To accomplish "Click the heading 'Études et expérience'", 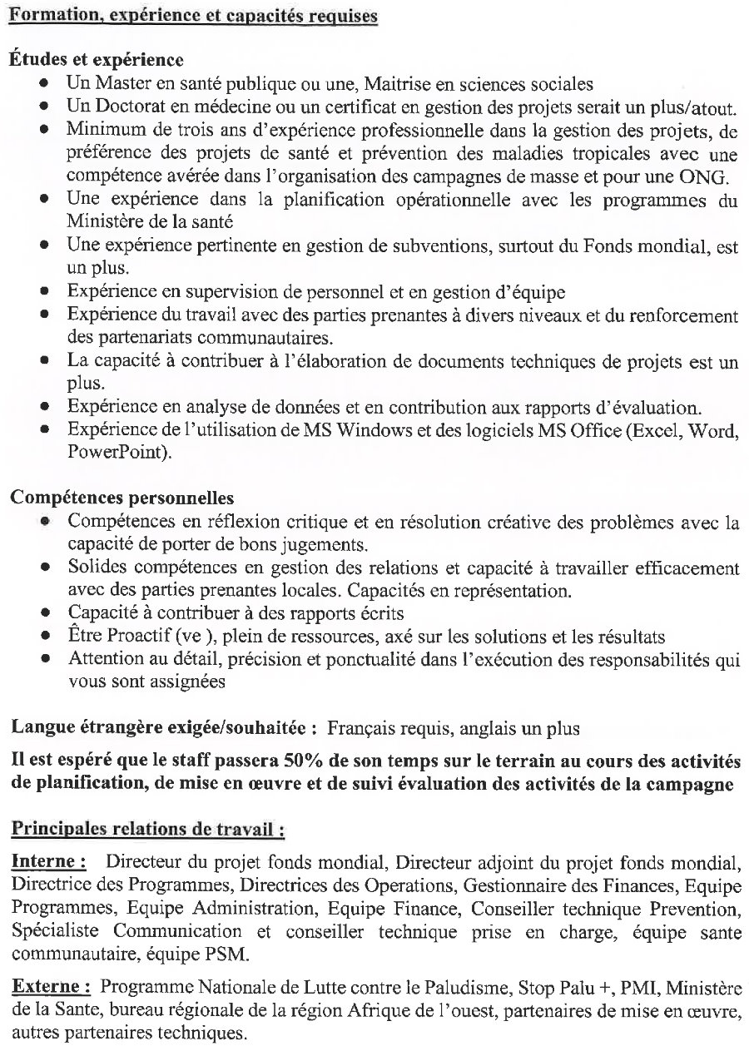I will [97, 60].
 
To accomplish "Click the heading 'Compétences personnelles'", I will [122, 499].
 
